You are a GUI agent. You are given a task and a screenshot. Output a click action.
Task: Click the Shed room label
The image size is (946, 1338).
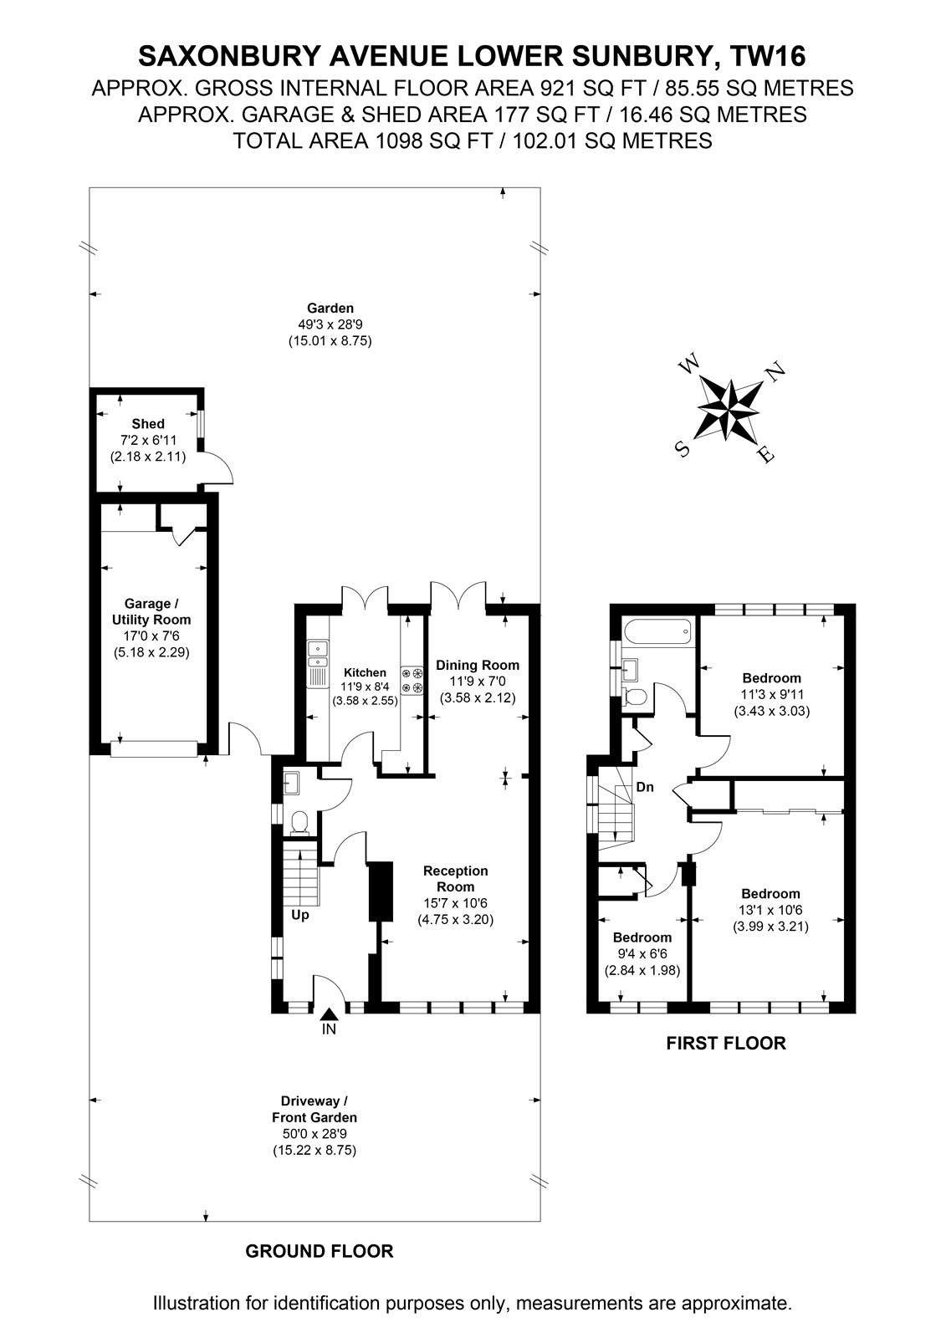(147, 423)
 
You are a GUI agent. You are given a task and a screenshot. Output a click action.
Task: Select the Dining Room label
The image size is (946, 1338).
(478, 665)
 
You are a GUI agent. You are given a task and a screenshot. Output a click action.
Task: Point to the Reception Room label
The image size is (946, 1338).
(455, 879)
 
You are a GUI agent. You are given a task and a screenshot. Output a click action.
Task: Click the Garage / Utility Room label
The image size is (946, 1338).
(151, 611)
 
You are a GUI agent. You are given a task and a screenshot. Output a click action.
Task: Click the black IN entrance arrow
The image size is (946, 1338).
(330, 1014)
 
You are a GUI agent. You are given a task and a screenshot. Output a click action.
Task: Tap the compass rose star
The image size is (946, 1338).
(730, 409)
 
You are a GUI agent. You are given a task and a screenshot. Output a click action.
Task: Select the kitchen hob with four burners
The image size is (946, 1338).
(412, 681)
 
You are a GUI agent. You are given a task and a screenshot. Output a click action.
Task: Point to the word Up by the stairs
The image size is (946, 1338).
(300, 915)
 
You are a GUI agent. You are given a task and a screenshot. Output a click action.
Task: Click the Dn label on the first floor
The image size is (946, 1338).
(645, 787)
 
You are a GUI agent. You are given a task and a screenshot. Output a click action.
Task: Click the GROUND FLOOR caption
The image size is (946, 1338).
(320, 1234)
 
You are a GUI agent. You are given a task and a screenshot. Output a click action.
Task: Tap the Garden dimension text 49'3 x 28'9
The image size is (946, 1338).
(330, 324)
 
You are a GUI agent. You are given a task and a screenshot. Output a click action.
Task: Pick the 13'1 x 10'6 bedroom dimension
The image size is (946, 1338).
(771, 911)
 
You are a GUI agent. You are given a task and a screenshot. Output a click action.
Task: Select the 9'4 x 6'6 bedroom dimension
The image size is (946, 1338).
(642, 954)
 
